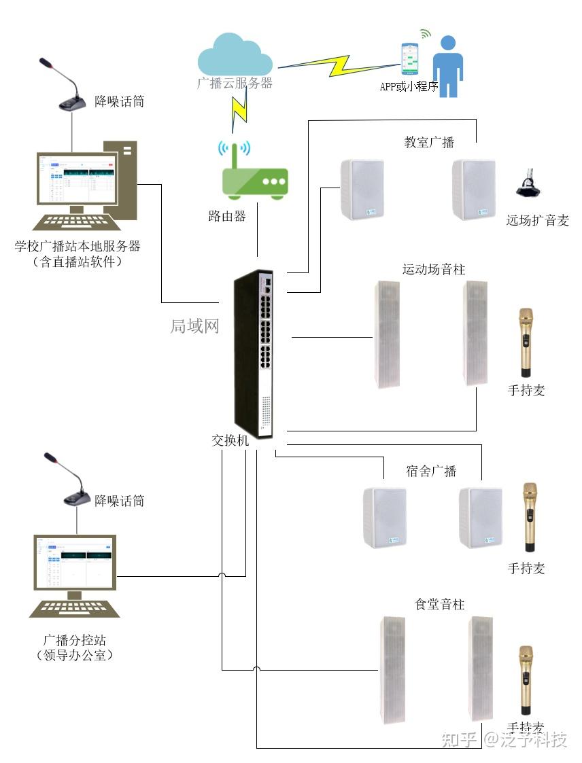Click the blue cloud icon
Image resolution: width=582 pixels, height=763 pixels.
235,58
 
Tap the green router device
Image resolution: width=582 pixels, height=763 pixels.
255,179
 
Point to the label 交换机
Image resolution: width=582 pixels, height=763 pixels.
230,440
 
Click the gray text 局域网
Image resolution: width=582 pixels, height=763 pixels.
194,326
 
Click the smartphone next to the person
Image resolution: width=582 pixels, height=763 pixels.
409,59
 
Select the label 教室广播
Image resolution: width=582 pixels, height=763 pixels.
429,142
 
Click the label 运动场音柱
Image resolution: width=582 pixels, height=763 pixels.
434,270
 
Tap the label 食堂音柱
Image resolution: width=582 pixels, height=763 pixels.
440,604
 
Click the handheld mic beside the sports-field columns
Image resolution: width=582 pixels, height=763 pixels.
526,342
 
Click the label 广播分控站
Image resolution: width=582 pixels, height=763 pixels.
74,640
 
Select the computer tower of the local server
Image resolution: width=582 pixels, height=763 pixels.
121,180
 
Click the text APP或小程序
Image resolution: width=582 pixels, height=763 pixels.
409,87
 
